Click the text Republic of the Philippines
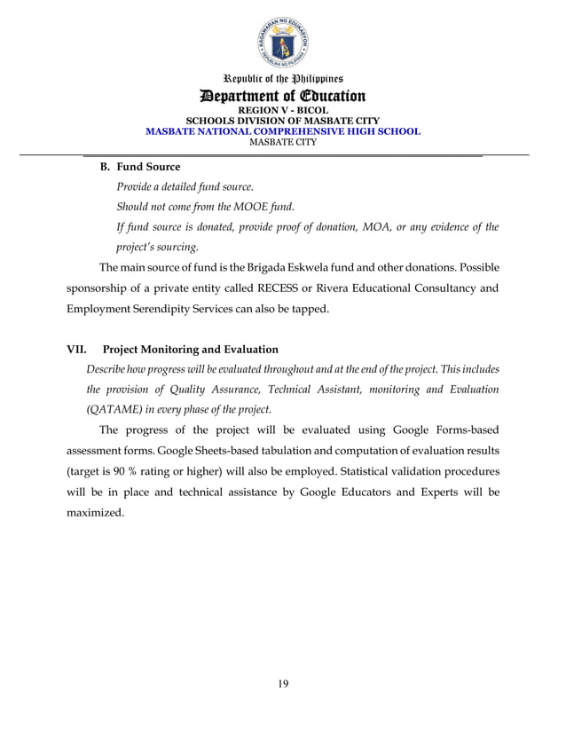[282, 79]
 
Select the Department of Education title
[282, 96]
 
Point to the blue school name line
[282, 130]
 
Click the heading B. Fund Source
[139, 167]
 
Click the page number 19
[282, 682]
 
